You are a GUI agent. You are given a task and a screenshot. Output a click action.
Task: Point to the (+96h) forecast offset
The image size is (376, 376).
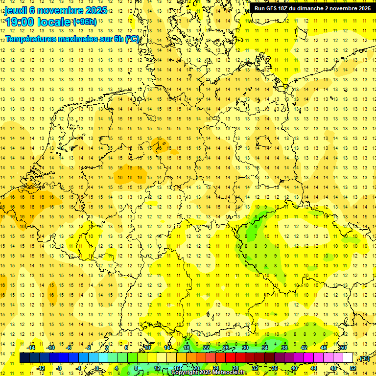(x=85, y=22)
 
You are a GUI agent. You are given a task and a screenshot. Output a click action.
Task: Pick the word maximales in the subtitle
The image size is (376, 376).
(x=79, y=39)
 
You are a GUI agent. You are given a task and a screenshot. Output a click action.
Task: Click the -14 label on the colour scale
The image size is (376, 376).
(x=31, y=348)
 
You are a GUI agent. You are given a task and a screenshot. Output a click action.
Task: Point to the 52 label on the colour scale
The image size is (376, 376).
(x=353, y=368)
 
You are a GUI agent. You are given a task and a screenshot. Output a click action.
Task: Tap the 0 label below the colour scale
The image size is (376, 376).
(x=97, y=368)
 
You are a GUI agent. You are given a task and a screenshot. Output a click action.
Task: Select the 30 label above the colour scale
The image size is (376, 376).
(x=245, y=348)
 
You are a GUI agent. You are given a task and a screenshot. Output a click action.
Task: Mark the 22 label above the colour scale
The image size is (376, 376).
(x=206, y=348)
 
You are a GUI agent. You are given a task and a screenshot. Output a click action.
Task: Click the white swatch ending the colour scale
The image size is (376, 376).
(x=348, y=358)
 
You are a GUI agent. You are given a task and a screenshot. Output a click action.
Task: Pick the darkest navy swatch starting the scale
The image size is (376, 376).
(x=24, y=358)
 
